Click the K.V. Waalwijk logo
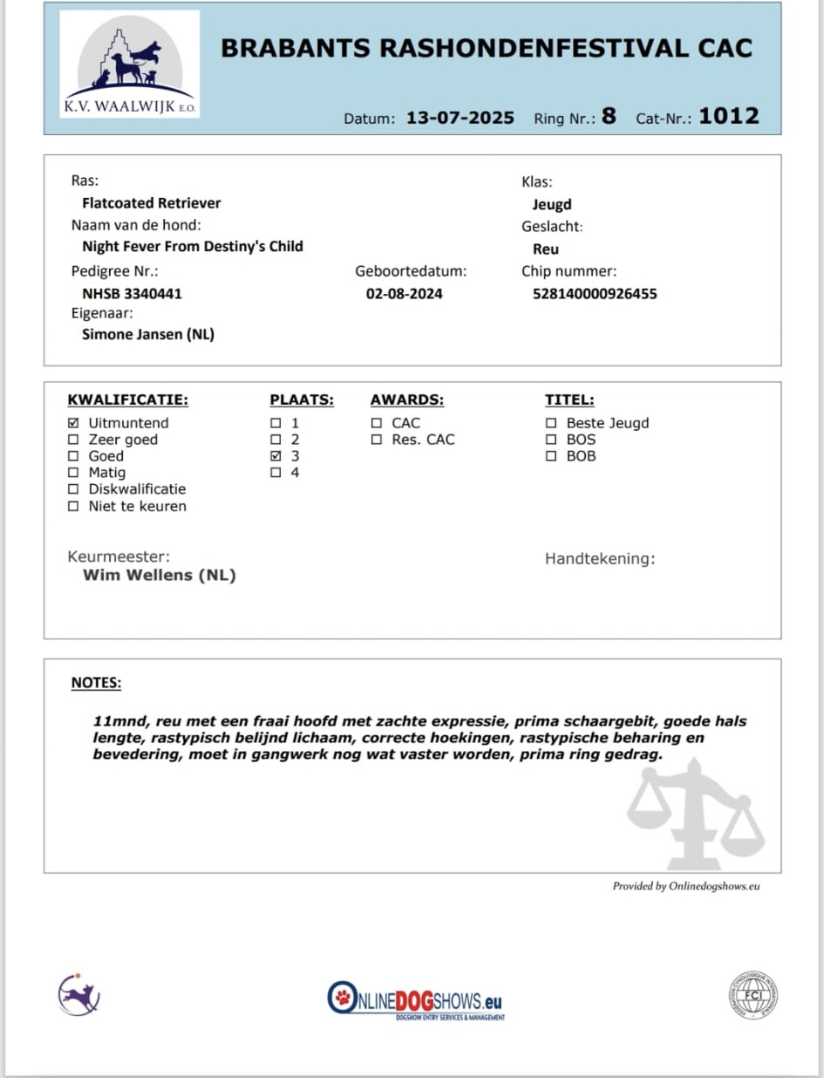point(130,65)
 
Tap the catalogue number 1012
point(728,116)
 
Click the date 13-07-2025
point(460,118)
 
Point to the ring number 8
point(609,116)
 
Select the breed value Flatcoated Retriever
point(151,203)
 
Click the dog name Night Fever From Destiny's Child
point(192,247)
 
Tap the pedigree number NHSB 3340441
point(132,294)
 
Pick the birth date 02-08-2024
point(404,294)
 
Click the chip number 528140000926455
point(595,294)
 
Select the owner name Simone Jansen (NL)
point(147,334)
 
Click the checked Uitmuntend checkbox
point(73,423)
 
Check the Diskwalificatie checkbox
point(73,489)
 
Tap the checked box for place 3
point(276,456)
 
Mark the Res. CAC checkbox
point(377,440)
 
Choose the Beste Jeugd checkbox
point(551,423)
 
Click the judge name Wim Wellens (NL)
point(159,576)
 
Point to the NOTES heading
point(96,683)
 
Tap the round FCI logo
point(753,995)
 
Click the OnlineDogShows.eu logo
point(416,1000)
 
